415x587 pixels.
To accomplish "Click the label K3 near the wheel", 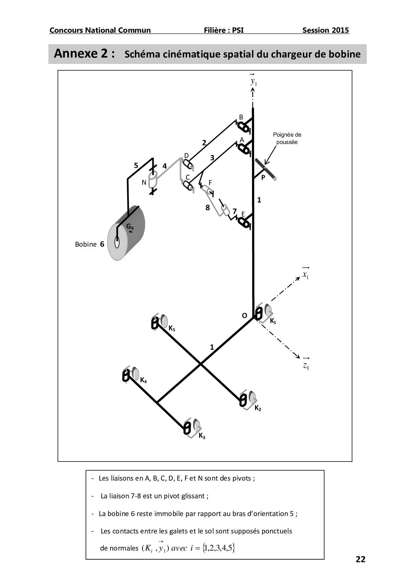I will [202, 436].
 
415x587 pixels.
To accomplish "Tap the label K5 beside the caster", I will [172, 328].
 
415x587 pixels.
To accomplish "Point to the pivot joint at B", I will [243, 127].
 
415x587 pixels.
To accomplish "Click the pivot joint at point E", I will [244, 222].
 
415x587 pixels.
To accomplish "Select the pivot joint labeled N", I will [153, 181].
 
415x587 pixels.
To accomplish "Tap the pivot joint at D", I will [187, 164].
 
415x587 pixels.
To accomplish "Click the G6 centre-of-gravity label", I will [130, 227].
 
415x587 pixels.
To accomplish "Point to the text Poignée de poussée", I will [287, 138].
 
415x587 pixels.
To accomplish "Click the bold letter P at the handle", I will [263, 178].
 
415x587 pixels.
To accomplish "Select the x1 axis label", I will [305, 275].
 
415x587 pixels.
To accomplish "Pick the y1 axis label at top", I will [254, 81].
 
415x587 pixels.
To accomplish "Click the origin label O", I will [245, 316].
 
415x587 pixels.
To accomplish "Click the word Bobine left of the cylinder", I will [86, 244].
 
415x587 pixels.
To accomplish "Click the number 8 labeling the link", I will [207, 208].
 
